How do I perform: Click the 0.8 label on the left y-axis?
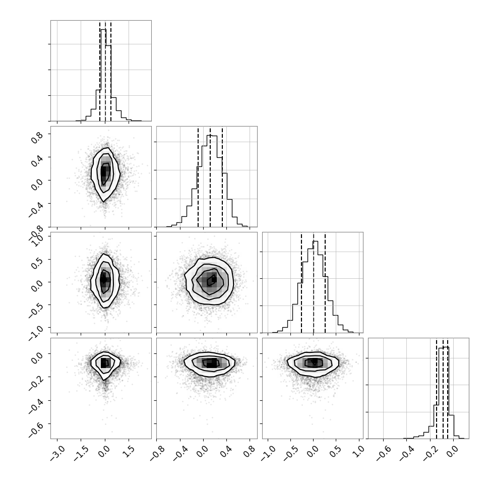point(37,138)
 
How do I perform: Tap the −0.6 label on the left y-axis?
point(36,428)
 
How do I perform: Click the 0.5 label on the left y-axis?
point(37,263)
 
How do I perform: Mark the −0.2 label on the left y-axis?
point(36,381)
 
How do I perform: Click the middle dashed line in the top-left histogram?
point(105,71)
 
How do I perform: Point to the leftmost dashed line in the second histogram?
point(198,176)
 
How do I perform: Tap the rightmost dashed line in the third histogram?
point(325,282)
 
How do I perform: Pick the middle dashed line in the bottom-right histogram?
point(443,388)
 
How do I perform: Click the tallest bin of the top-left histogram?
point(103,75)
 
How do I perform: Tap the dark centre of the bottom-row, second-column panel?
point(211,363)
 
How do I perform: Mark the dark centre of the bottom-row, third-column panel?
point(315,362)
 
